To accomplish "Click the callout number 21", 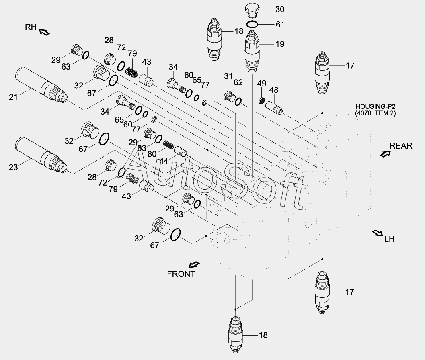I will coord(14,96).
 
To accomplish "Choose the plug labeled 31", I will coord(229,97).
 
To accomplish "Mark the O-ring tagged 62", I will coord(238,102).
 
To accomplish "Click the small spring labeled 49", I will coord(261,101).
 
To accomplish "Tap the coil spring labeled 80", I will coord(168,144).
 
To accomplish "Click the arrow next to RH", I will coord(44,32).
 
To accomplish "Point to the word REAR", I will coord(401,145).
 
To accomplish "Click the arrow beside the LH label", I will coord(378,233).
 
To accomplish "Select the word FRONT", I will coord(181,274).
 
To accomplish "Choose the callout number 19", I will coord(279,44).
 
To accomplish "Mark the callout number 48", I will coord(273,91).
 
